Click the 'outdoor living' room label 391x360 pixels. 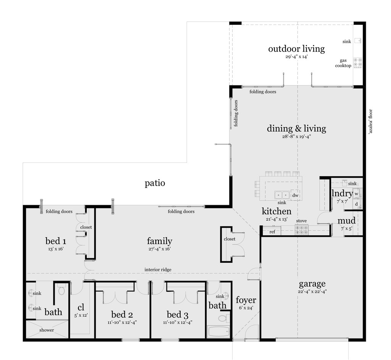point(296,49)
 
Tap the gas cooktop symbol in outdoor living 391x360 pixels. point(357,63)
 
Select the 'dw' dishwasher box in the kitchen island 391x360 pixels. point(295,195)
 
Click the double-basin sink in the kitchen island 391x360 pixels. point(282,195)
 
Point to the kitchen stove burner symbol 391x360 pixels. point(301,230)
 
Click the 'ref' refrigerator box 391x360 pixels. point(272,231)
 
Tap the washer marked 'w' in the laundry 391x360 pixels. point(356,194)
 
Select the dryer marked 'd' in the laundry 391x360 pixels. point(356,204)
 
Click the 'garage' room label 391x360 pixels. point(312,284)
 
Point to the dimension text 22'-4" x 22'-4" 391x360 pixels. point(312,291)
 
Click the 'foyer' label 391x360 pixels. point(246,300)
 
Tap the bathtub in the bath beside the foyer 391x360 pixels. point(219,331)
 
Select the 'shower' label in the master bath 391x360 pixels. point(47,330)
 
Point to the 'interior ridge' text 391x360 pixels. point(158,270)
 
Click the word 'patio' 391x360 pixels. point(155,183)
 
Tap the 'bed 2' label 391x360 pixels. point(122,315)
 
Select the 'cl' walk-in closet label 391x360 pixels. point(81,308)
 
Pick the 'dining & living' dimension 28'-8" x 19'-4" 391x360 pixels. point(296,137)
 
